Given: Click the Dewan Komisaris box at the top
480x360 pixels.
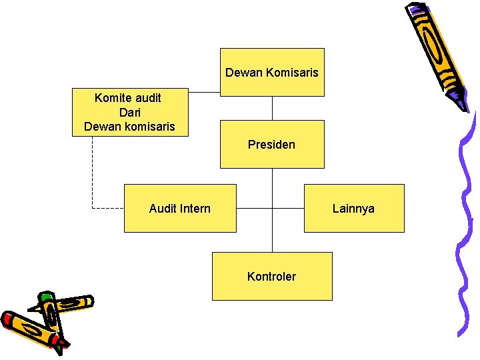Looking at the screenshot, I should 272,72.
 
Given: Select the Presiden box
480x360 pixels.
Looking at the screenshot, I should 272,144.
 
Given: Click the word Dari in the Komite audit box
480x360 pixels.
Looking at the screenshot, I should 129,112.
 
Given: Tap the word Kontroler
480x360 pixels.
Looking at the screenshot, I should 272,277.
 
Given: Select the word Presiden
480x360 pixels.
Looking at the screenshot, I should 272,144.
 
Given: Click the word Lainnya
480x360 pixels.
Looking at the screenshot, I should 354,209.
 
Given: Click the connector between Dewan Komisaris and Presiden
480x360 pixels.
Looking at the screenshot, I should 272,108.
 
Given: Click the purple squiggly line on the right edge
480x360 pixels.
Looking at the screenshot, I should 467,220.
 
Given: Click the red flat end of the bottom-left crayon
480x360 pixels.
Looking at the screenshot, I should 8,319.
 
